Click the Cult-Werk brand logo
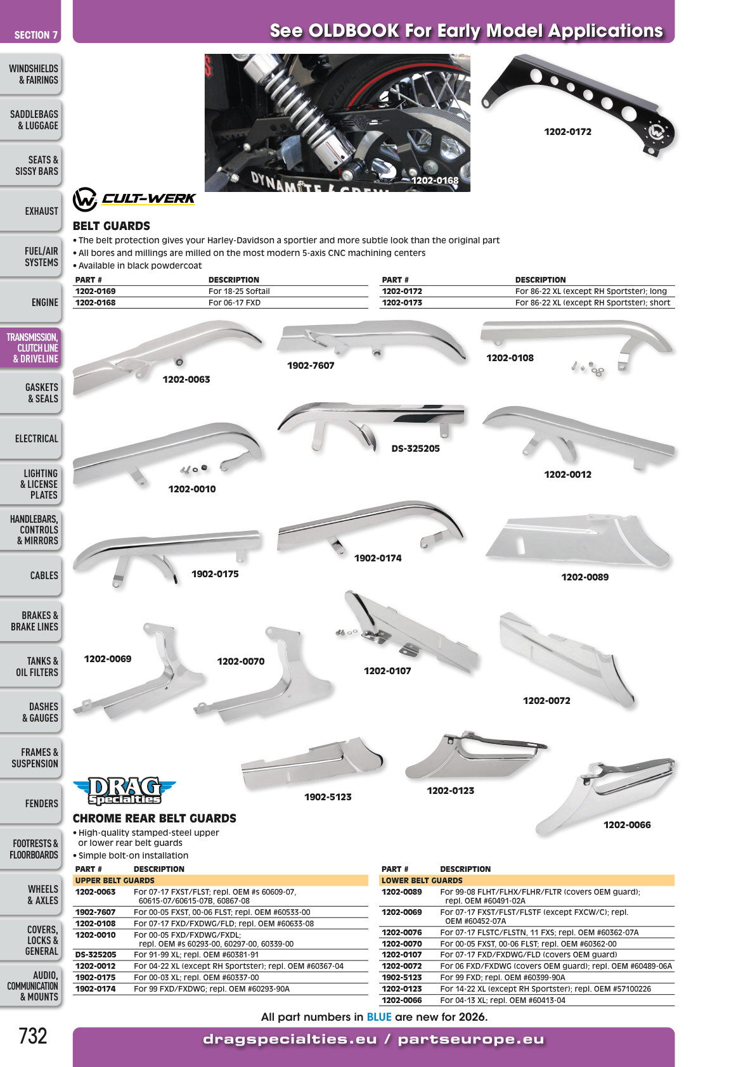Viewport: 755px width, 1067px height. coord(134,200)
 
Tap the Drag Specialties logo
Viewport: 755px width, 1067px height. coord(124,791)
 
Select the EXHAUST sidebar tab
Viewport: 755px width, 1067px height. coord(30,211)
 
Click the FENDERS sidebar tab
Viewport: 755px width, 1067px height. coord(30,803)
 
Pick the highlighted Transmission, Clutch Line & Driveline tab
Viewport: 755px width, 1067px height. coord(30,348)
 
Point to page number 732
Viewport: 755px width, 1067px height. coord(33,1036)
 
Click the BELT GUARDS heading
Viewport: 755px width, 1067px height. coord(111,226)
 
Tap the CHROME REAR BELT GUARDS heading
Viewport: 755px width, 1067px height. coord(155,819)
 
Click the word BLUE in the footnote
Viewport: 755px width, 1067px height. coord(379,1017)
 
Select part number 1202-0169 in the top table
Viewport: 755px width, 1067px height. coord(95,291)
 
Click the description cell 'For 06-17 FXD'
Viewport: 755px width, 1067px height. coord(235,302)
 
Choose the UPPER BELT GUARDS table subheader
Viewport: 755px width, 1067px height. coord(115,880)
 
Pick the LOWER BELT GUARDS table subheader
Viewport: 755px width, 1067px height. coord(422,880)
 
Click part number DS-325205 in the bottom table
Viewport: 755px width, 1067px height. coord(95,955)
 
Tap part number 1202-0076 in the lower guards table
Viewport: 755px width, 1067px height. coord(401,932)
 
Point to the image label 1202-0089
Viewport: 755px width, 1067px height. coord(585,577)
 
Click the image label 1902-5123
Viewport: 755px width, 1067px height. coord(328,797)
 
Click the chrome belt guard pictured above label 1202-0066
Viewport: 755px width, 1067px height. coord(605,795)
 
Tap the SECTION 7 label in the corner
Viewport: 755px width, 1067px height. coord(35,35)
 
